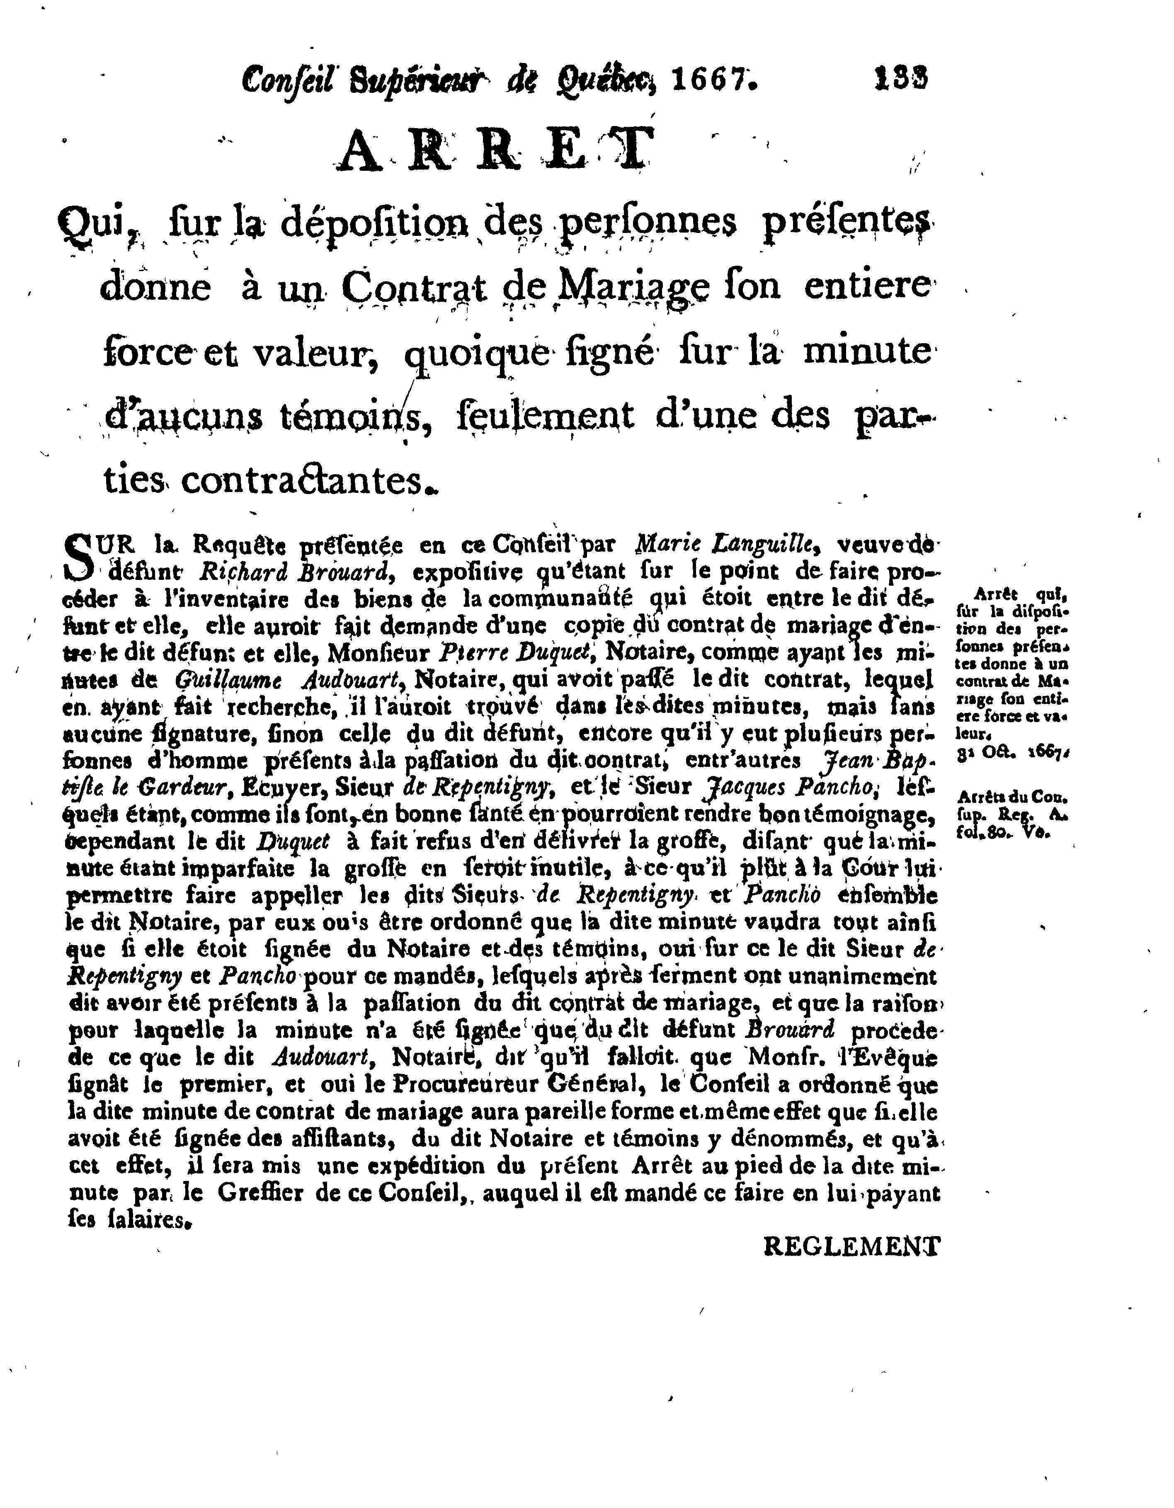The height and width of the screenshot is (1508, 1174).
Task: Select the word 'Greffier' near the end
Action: pyautogui.click(x=260, y=1193)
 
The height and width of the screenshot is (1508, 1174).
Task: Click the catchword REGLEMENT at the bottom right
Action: pyautogui.click(x=852, y=1248)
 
